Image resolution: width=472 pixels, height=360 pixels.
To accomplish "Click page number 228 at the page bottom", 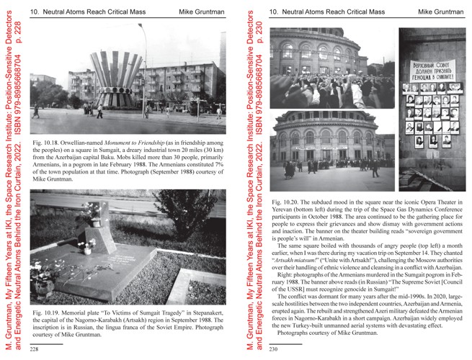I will [34, 348].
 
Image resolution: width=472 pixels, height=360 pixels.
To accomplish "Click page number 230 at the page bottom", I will [273, 348].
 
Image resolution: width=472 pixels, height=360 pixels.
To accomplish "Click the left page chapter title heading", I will [88, 12].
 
